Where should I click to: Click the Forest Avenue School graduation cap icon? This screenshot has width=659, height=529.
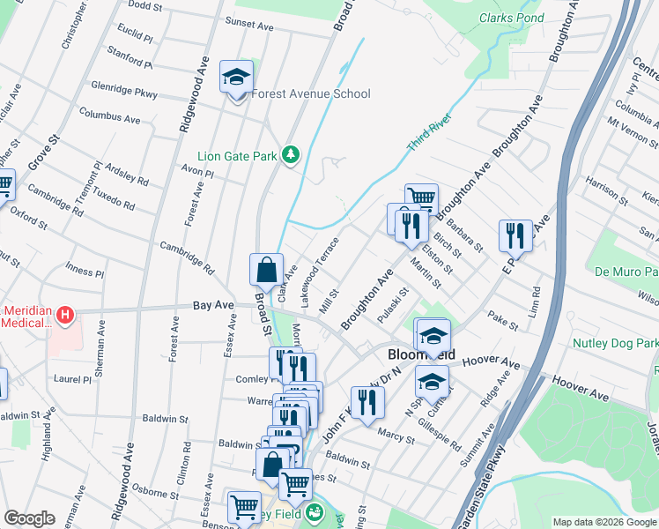pos(236,77)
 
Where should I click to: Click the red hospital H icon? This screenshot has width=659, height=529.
pos(64,314)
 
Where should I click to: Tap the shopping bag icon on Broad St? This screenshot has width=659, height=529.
pos(266,270)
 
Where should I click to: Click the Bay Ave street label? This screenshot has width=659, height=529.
pos(214,305)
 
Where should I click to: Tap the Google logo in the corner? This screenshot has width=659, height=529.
pos(29,518)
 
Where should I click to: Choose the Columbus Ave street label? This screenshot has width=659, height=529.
pos(109,115)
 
